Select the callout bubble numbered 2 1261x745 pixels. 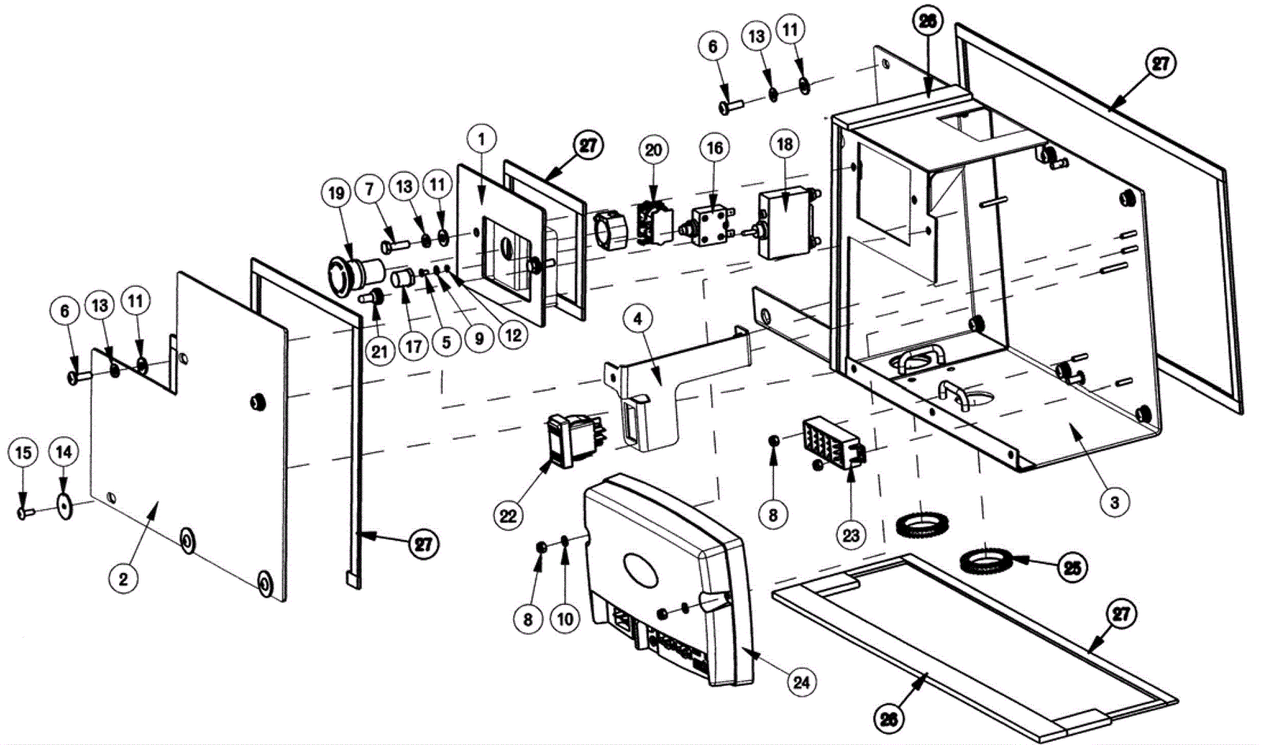[x=124, y=579]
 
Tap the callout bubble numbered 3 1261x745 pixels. [x=1114, y=501]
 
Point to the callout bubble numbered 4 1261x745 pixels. [x=638, y=319]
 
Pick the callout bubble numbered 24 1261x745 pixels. [x=801, y=681]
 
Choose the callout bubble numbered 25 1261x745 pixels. [x=1073, y=567]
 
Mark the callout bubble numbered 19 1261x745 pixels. [x=337, y=193]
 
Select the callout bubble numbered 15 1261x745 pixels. [x=23, y=453]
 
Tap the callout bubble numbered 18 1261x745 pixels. [x=785, y=144]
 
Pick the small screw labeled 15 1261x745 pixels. [x=24, y=513]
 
